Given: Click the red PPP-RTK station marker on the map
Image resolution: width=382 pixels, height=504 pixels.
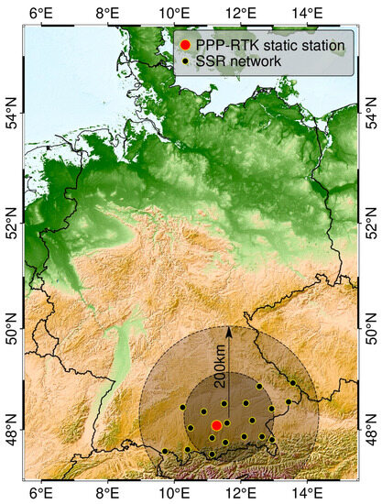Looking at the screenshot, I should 216,425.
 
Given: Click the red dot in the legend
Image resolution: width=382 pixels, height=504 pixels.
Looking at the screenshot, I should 185,44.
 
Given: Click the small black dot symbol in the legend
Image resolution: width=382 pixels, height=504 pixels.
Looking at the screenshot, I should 185,61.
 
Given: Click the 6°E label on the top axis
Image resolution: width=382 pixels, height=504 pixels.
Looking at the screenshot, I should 40,12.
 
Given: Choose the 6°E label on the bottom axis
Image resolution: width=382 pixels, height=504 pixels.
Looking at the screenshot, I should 40,493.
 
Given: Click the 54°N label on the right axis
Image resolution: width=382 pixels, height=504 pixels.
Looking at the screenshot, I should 369,118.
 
